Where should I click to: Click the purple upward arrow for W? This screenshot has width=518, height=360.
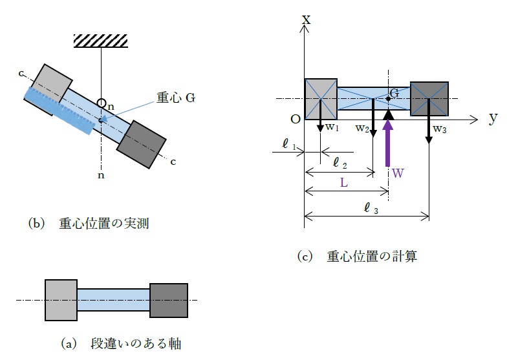[388, 139]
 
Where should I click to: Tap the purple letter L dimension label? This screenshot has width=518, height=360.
[345, 183]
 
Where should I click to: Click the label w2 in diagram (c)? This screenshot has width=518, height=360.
[362, 128]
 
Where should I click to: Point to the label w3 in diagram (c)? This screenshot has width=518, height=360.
[440, 129]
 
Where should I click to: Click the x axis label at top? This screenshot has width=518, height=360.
[306, 19]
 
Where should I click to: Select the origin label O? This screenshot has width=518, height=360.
[296, 120]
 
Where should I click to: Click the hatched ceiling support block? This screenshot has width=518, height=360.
[101, 40]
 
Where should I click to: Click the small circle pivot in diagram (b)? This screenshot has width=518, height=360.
[102, 102]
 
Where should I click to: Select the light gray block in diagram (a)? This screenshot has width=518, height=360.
[61, 300]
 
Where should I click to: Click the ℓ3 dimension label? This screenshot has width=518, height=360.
[371, 207]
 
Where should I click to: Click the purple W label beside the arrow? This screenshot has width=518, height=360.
[398, 173]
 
